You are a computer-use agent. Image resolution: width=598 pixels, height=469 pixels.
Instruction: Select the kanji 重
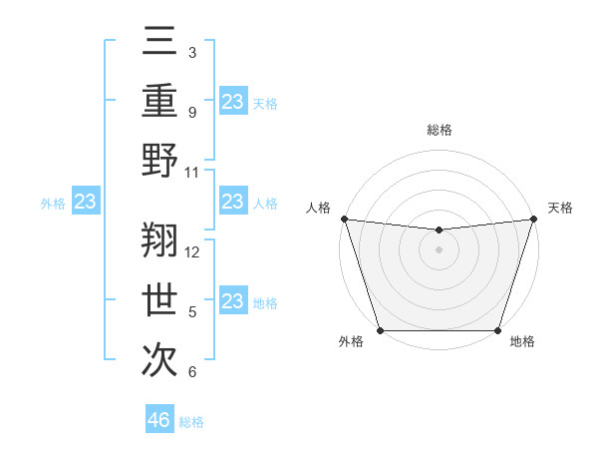click(160, 102)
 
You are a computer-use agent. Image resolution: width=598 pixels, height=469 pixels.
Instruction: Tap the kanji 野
click(160, 159)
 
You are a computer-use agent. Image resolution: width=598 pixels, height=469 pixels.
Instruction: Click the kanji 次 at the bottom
click(160, 357)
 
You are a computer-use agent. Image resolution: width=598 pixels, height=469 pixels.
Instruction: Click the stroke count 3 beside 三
click(191, 52)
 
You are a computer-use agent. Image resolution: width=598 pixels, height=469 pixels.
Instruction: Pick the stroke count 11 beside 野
click(192, 172)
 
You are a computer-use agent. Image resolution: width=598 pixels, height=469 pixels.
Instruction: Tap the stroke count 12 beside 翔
click(193, 251)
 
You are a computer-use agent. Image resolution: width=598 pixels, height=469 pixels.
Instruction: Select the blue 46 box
click(159, 420)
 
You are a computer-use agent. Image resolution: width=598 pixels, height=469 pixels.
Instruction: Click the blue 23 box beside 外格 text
click(86, 203)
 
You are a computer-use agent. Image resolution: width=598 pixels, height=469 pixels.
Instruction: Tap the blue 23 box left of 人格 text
click(232, 203)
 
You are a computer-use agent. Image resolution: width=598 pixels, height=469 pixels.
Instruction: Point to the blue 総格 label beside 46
click(191, 422)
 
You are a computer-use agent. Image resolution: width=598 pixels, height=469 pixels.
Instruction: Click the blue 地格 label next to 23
click(264, 302)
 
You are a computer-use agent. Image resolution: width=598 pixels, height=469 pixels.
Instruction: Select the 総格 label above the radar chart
click(439, 130)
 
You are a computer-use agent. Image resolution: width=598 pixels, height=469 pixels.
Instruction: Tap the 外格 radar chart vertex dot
click(380, 330)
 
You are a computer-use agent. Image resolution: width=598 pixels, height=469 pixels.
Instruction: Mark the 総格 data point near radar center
click(439, 231)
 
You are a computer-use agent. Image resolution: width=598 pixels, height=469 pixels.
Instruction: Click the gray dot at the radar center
click(439, 249)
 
